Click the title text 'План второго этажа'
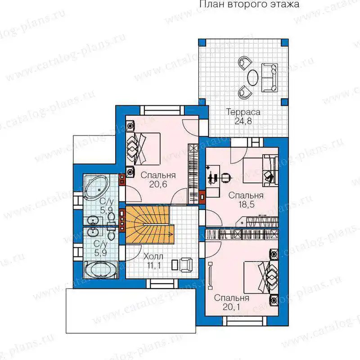point(249,4)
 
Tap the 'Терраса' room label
point(243,112)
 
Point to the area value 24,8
point(243,121)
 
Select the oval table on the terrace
point(252,77)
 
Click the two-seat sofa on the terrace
point(270,78)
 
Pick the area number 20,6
point(158,184)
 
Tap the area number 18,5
point(246,204)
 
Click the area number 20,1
point(231,307)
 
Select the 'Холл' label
point(153,256)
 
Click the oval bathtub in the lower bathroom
point(100,270)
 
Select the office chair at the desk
point(226,178)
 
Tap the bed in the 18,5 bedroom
point(261,170)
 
